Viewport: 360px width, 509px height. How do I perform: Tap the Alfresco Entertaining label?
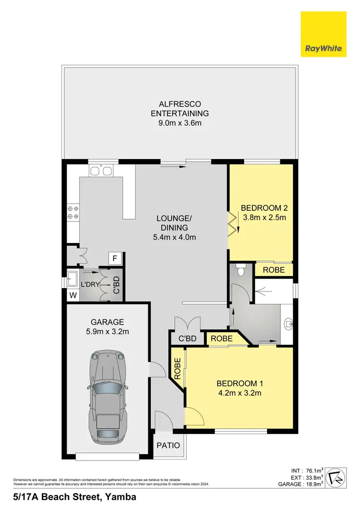point(180,109)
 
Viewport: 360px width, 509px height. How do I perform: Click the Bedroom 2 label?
point(264,208)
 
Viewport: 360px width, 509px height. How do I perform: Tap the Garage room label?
point(108,322)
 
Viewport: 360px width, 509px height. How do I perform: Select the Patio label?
point(168,446)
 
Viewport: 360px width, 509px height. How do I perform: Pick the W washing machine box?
point(73,294)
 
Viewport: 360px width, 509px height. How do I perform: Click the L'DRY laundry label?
point(90,284)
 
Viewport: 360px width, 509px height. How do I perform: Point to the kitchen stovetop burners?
point(73,213)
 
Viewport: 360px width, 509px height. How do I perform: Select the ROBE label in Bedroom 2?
point(273,270)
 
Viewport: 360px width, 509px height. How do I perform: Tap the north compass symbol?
point(338,477)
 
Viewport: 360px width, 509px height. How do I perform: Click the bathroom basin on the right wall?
point(289,324)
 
